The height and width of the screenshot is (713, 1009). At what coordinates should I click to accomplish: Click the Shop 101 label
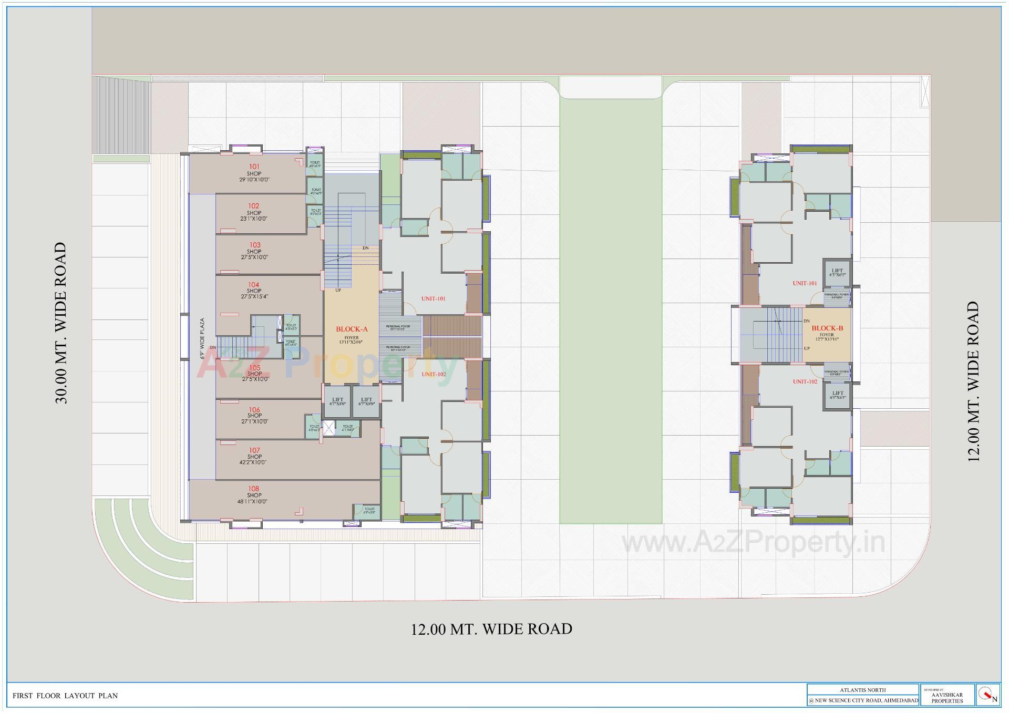254,173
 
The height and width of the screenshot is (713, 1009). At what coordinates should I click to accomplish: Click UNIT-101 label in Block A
434,298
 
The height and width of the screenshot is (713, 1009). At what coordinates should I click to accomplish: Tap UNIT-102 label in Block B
805,381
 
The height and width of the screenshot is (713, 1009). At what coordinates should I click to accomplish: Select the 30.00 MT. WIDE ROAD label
61,323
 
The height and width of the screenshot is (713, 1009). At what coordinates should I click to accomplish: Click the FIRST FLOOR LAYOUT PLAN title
65,696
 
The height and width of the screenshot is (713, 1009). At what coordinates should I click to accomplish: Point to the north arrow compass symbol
988,695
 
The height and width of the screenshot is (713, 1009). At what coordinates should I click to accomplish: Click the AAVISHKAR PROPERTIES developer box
947,695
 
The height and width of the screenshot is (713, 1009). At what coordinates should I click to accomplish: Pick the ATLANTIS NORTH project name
862,690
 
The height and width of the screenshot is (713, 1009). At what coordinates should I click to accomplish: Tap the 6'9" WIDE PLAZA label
202,339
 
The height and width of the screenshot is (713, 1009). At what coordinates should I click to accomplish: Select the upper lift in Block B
837,272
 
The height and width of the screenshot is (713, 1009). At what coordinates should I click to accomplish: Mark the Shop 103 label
254,251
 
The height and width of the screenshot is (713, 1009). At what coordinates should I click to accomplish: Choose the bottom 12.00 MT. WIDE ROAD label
491,629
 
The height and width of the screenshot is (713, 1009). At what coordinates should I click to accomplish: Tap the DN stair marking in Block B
807,321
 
